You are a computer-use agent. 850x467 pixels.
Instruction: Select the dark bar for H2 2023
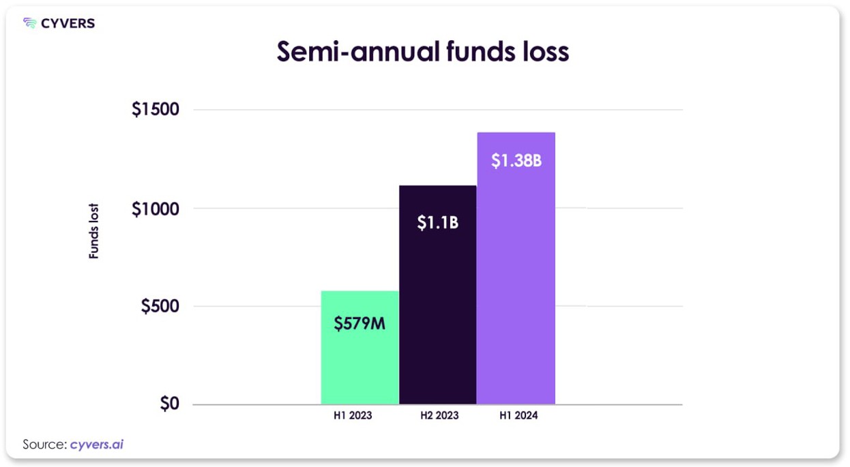tap(437, 307)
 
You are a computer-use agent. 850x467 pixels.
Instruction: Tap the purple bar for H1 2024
tap(516, 286)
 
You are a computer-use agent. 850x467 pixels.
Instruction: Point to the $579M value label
tap(360, 324)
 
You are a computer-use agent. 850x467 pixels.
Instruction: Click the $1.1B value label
tap(437, 222)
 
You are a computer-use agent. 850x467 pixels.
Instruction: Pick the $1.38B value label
tap(516, 162)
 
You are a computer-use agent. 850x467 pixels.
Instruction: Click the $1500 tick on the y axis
tap(155, 110)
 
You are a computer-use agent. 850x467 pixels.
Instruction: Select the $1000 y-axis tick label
tap(155, 209)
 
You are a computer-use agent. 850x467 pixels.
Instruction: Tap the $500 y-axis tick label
tap(160, 306)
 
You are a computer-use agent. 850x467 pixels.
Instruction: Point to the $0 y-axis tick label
tap(169, 404)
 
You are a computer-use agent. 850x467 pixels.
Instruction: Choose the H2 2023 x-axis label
tap(439, 415)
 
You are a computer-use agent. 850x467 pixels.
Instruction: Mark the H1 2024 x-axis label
tap(518, 415)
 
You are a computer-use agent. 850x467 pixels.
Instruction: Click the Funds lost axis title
tap(94, 232)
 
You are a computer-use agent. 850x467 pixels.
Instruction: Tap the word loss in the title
tap(542, 52)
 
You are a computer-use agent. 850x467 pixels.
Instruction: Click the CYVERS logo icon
tap(29, 24)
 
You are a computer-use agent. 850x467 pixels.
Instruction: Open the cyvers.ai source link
tap(96, 445)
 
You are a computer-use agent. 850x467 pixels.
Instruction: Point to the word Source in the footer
tap(44, 445)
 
